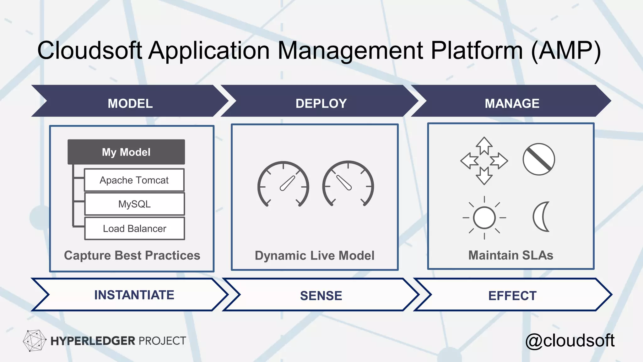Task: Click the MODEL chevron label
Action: pos(130,103)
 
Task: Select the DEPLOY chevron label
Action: pos(321,103)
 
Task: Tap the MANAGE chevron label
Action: pos(512,103)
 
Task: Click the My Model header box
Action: pos(126,152)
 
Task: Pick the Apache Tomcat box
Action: pos(134,180)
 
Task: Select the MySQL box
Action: pos(134,204)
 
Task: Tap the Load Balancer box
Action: pos(134,228)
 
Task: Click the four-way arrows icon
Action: pos(484,161)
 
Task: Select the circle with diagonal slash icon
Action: pos(538,159)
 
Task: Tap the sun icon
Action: pos(484,217)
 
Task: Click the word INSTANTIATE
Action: pos(134,295)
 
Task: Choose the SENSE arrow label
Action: pos(321,296)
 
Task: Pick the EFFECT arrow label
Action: pos(512,296)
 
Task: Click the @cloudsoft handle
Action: pos(570,341)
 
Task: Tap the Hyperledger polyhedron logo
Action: pos(34,340)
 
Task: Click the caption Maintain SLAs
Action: pos(511,255)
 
